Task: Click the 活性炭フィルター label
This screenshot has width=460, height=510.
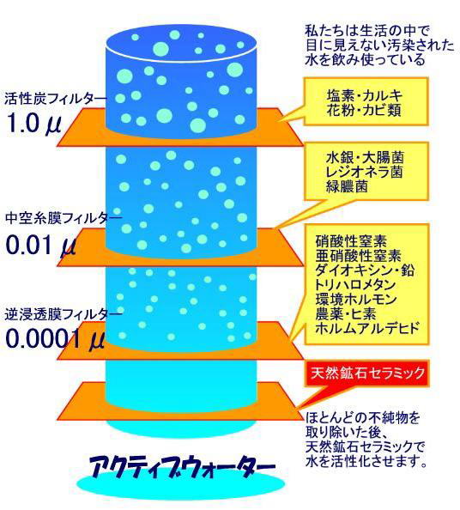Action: point(55,99)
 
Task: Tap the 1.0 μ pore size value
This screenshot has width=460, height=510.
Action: point(33,123)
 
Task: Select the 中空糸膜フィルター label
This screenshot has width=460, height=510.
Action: point(64,218)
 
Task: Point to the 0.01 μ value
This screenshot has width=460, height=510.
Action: point(41,245)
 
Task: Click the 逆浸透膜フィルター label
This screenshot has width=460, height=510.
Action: point(64,314)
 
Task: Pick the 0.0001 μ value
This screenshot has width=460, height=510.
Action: point(55,339)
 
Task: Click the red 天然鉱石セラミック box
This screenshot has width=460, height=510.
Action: point(366,373)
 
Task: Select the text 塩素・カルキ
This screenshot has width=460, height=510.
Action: point(365,95)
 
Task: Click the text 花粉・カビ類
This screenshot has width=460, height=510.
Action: point(364,110)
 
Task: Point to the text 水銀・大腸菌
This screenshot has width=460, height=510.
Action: point(365,157)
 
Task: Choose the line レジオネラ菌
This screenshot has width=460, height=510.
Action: point(364,172)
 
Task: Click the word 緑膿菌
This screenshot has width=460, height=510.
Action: point(347,186)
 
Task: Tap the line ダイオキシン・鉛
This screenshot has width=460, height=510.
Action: point(365,270)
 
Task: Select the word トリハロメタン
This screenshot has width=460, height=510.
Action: point(355,285)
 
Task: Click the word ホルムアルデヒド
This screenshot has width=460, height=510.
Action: point(367,328)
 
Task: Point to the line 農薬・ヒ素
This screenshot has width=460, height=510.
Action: point(346,314)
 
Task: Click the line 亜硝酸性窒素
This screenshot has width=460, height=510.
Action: point(358,256)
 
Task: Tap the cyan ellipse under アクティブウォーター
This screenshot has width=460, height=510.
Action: point(181,484)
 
